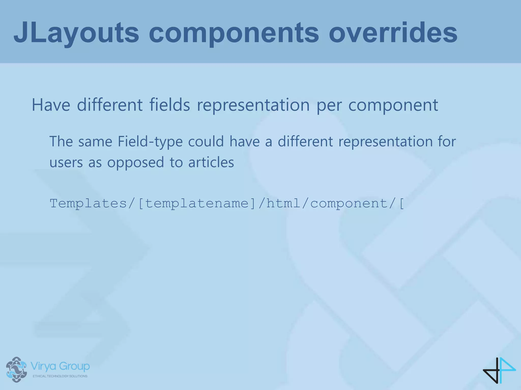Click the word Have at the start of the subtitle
pos(51,105)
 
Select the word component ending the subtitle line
pos(393,105)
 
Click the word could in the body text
pos(206,141)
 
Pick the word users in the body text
pos(66,162)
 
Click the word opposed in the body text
pos(135,162)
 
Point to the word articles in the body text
pos(211,162)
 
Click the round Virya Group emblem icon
pos(17,369)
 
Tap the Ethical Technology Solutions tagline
pos(60,376)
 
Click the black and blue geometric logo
pos(499,370)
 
